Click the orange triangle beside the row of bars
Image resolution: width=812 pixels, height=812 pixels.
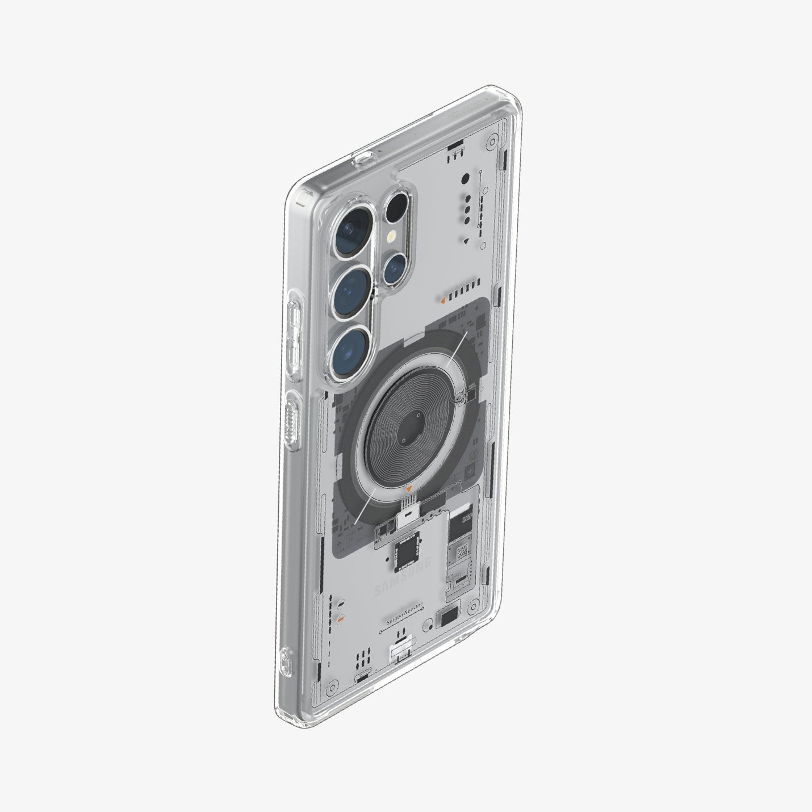tap(442, 297)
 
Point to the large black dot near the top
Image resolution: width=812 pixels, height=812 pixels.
tap(465, 179)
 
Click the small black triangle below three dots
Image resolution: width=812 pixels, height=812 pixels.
tap(466, 241)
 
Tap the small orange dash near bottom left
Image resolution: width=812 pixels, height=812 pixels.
tap(340, 620)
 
